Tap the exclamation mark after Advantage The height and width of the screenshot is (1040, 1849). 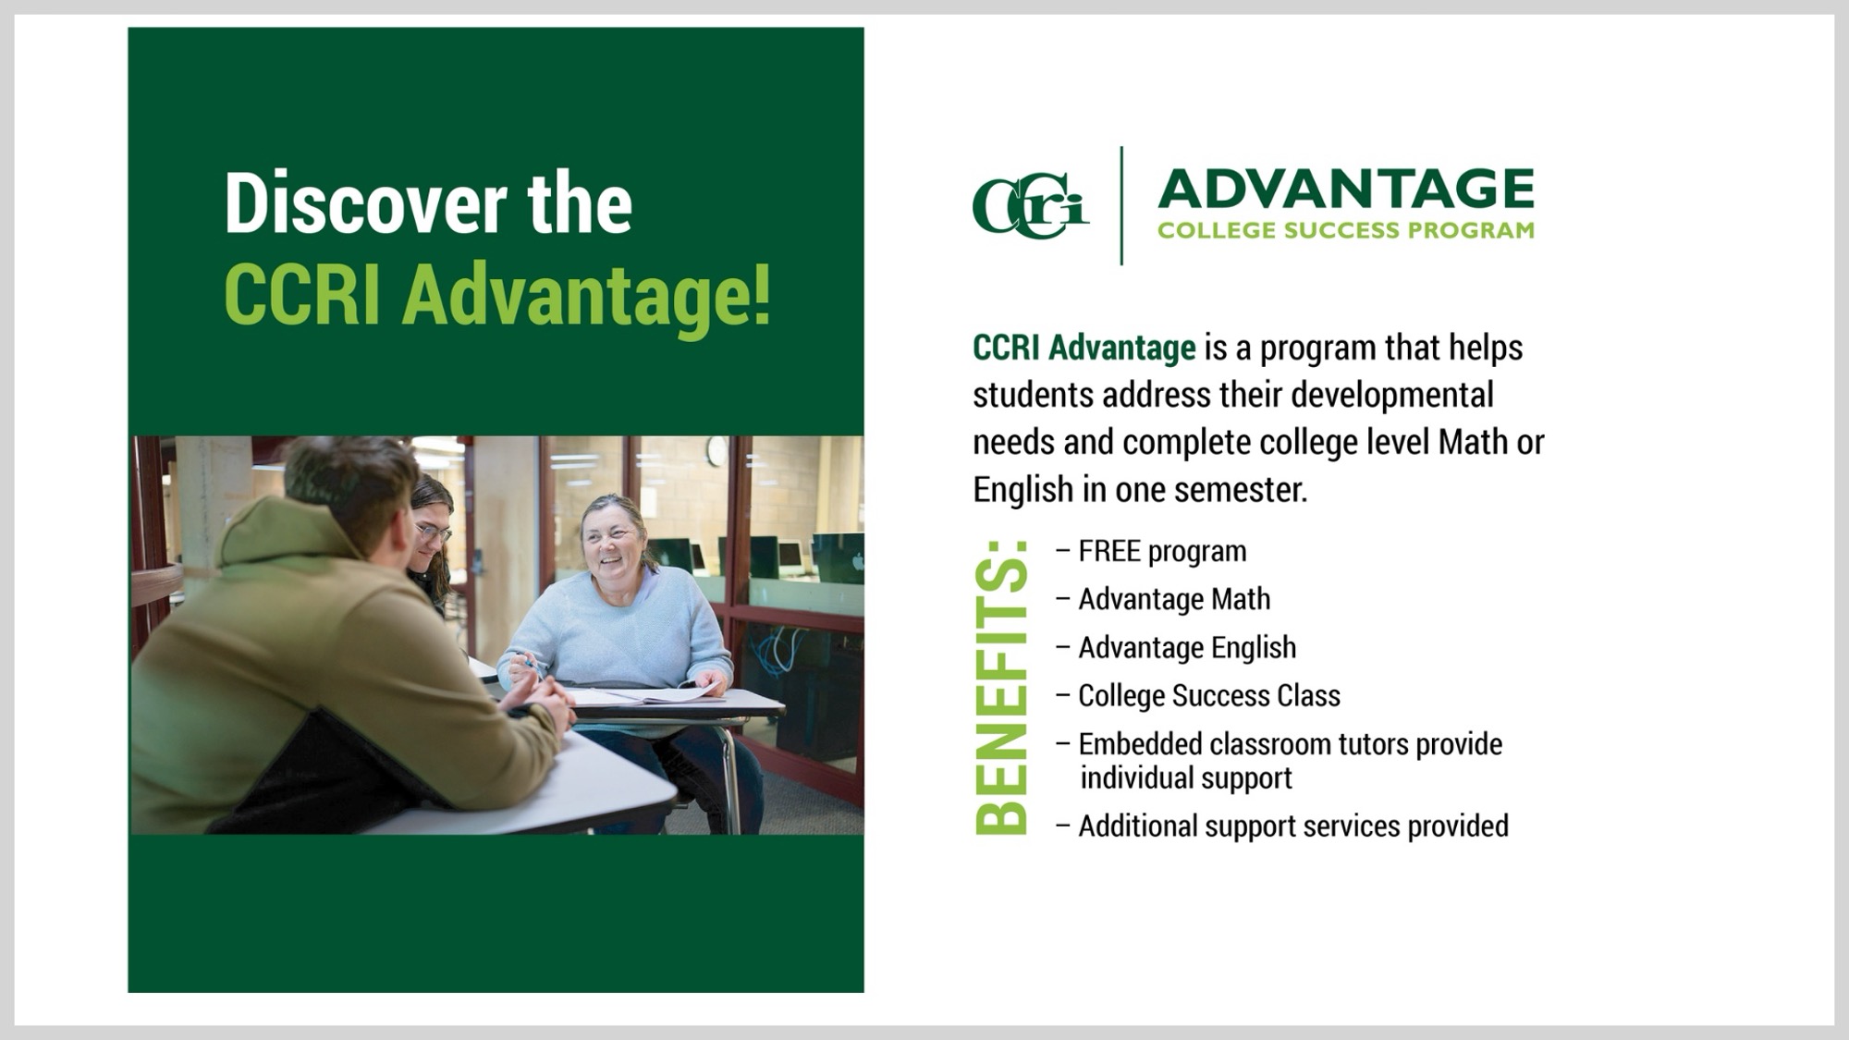761,294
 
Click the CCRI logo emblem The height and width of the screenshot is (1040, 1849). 1030,205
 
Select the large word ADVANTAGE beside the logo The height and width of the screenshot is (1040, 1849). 1346,190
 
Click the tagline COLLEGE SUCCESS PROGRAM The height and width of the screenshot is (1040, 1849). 1346,230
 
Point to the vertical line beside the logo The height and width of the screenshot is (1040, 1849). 1121,205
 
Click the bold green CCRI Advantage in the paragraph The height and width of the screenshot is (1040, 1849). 1084,349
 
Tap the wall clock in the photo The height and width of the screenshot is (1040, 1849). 717,450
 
